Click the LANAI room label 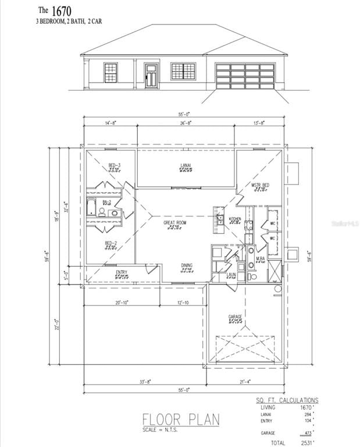[x=186, y=165]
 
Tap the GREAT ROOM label [x=174, y=222]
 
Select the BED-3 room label [x=114, y=165]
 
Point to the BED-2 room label [x=111, y=243]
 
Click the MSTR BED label [x=260, y=185]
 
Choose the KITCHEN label [x=235, y=219]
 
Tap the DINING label [x=186, y=265]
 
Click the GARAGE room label [x=236, y=317]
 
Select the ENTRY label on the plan [x=122, y=272]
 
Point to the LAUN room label [x=231, y=274]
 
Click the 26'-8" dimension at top [x=186, y=123]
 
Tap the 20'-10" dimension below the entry [x=122, y=303]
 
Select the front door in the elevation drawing [x=151, y=76]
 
